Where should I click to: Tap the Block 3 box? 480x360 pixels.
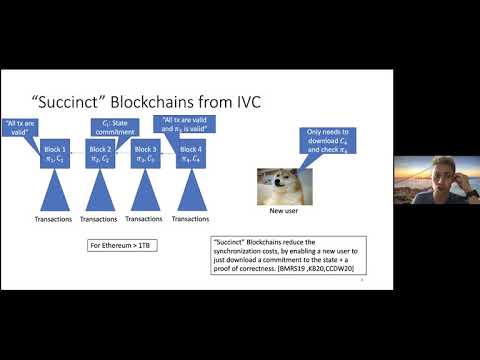coord(146,155)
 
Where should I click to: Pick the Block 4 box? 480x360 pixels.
coord(191,155)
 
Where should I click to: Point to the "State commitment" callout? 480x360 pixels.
coord(113,127)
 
